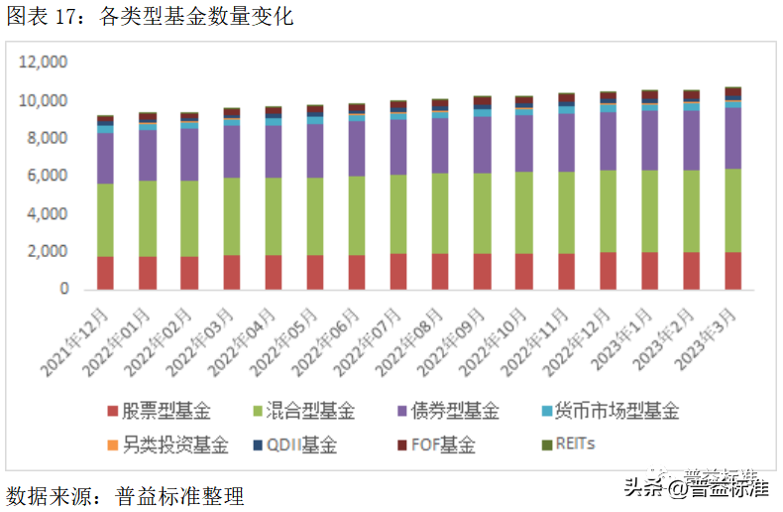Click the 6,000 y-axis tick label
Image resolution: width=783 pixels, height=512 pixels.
tap(48, 176)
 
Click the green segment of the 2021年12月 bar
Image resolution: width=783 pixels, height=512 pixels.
tap(104, 220)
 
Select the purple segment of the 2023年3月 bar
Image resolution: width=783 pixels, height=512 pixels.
tap(732, 138)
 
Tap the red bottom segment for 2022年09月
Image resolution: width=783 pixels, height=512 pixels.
tap(482, 271)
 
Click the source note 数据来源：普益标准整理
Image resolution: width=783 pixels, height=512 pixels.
tap(125, 495)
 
